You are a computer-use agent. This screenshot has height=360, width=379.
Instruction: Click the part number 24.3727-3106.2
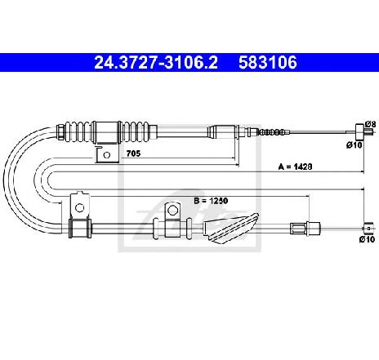156,63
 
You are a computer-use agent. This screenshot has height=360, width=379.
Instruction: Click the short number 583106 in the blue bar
268,63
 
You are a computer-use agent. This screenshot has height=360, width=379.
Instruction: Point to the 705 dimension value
134,153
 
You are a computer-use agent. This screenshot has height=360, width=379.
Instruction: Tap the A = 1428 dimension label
295,167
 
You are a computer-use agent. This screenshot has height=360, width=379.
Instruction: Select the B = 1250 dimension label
211,201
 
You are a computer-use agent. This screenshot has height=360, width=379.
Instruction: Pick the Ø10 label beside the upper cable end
354,145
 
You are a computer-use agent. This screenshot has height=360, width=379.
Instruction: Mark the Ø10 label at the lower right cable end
367,239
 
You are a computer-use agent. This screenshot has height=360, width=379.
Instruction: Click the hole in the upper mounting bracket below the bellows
107,155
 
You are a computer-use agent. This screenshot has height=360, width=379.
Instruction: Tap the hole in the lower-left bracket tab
79,208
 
